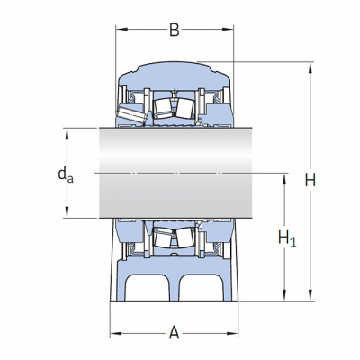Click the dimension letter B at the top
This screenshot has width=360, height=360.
coord(175,30)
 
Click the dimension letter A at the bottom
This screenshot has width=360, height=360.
coord(175,333)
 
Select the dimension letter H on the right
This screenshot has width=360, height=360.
coord(310,181)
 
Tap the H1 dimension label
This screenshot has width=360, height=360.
coord(287,238)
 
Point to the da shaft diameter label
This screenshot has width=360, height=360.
coord(66,175)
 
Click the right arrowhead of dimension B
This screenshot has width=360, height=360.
coord(228,30)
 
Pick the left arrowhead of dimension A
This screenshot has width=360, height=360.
coord(116,333)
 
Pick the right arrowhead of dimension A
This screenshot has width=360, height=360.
coord(232,333)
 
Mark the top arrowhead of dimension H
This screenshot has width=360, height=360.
coord(310,67)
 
